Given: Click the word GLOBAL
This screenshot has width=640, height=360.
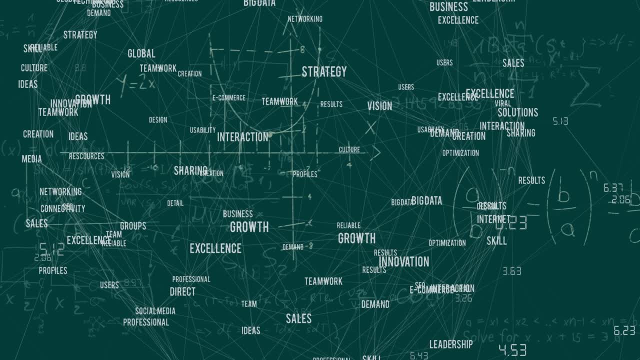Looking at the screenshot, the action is click(141, 53).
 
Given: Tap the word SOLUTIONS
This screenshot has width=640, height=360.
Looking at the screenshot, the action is click(517, 112).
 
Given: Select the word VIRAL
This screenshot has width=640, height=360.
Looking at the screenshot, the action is click(503, 103).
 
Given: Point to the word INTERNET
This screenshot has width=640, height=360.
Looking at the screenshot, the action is click(493, 219).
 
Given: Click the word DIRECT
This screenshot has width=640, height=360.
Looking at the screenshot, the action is click(182, 291).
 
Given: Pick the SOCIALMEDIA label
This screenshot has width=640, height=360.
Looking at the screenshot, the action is click(155, 311).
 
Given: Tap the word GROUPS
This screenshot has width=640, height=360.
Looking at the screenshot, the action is click(133, 226).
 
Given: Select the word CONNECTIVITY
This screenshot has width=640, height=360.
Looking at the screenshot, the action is click(62, 208).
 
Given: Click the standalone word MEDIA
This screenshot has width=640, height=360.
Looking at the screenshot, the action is click(31, 159).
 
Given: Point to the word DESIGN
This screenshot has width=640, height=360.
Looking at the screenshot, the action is click(158, 120).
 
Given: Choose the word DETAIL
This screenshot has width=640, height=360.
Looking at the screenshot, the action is click(175, 203).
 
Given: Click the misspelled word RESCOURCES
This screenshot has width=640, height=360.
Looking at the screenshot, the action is click(86, 156).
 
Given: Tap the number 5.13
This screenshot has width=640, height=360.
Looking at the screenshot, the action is click(560, 121).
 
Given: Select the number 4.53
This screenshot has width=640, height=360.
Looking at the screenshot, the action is click(512, 349).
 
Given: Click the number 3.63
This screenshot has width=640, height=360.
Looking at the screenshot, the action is click(512, 271).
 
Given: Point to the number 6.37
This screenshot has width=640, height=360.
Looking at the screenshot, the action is click(613, 188).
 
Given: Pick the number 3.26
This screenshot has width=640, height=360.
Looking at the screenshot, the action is click(463, 298).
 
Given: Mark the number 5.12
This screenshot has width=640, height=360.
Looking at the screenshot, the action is click(51, 248).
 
